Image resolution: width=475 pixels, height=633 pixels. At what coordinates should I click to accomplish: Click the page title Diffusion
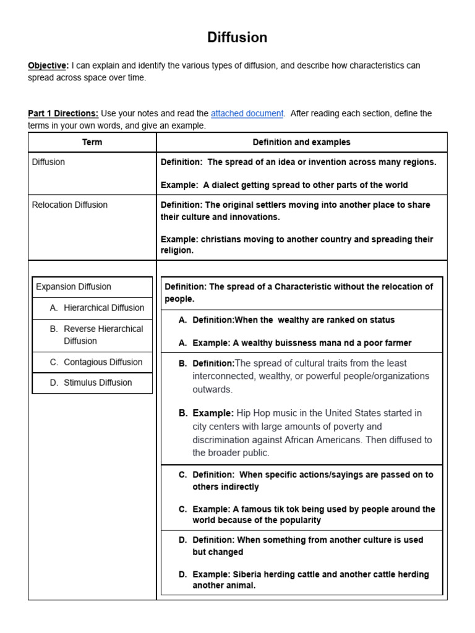point(237,38)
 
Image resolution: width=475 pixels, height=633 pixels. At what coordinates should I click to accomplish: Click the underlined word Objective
point(48,66)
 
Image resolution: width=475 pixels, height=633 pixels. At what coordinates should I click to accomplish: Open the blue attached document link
point(247,114)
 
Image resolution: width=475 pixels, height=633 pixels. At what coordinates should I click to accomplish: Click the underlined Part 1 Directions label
point(62,114)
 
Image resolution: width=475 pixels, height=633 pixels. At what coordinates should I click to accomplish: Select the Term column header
point(92,142)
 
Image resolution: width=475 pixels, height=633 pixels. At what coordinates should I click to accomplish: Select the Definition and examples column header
point(301,142)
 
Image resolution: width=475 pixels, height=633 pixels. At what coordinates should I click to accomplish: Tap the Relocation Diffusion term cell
point(69,205)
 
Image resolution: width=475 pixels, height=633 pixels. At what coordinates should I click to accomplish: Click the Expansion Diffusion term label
point(74,287)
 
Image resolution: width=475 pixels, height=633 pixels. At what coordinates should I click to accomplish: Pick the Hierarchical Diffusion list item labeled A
point(103,308)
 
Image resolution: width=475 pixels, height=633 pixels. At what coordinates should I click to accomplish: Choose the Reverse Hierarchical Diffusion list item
point(103,335)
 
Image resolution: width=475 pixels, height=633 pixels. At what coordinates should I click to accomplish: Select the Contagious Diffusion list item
point(103,362)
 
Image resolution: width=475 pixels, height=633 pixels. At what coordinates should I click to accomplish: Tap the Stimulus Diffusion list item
point(98,383)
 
